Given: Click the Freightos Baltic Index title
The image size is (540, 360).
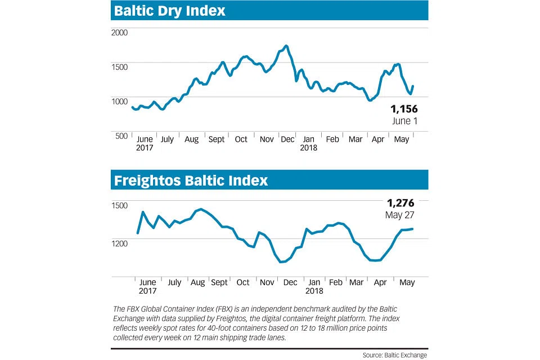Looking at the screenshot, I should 191,181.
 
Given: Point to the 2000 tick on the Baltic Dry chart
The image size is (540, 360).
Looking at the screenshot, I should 121,32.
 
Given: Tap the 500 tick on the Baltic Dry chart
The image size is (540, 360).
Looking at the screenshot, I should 121,136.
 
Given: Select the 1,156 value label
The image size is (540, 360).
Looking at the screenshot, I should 403,109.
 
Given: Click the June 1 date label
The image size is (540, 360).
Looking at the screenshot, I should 404,121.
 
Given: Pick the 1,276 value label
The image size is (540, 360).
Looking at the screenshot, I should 400,203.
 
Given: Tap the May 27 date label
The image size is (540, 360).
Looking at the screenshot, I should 400,215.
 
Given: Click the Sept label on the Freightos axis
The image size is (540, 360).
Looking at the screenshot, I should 219,282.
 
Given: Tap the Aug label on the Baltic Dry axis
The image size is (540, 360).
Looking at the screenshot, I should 191,139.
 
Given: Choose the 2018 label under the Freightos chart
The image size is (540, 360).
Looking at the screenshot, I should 314,291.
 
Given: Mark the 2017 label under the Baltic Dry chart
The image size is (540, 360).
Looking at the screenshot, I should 145,148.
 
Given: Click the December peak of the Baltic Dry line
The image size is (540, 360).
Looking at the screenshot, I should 286,46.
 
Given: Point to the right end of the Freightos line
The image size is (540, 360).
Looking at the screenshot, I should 413,229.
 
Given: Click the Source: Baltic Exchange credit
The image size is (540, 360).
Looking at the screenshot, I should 395,354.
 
